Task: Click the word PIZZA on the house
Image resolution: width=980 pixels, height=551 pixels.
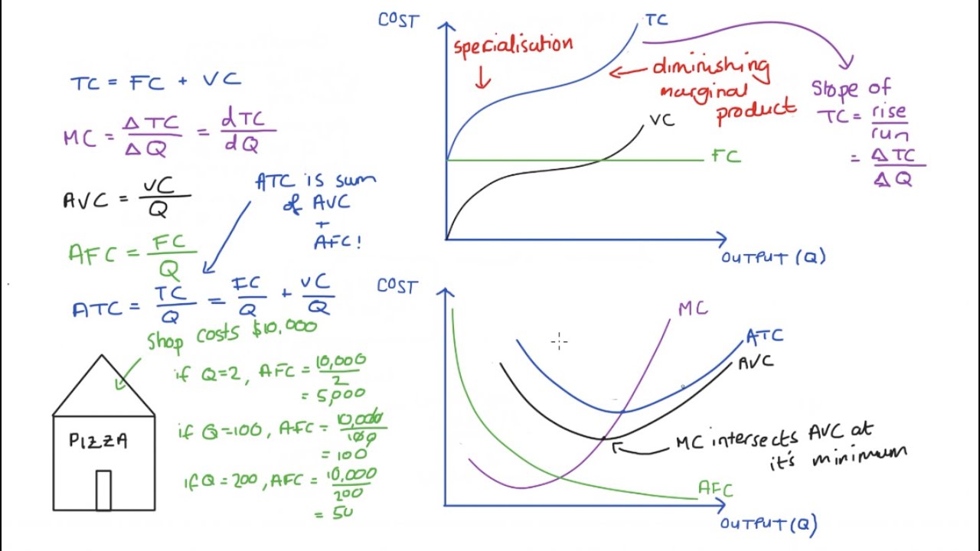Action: tap(98, 441)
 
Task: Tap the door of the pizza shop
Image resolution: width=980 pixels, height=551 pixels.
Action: tap(103, 490)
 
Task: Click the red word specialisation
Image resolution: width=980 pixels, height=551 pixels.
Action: tap(513, 45)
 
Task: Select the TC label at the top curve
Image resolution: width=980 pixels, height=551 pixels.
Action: tap(656, 20)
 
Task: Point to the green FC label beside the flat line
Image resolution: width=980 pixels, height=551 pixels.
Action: tap(726, 157)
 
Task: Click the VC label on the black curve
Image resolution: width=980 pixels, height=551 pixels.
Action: tap(661, 120)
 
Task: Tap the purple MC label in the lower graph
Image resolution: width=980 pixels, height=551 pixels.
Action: tap(693, 308)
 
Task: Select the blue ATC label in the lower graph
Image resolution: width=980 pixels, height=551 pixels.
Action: tap(764, 336)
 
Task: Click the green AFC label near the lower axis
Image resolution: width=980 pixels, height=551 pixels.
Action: tap(715, 489)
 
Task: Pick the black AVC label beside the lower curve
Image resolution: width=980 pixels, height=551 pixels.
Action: tap(756, 362)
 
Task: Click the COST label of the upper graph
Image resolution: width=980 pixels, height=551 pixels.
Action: tap(398, 20)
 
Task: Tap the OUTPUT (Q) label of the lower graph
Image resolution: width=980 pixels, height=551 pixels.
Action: tap(769, 524)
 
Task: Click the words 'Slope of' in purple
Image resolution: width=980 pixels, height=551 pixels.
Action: tap(851, 88)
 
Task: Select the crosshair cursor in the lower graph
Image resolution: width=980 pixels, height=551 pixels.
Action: tap(559, 342)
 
